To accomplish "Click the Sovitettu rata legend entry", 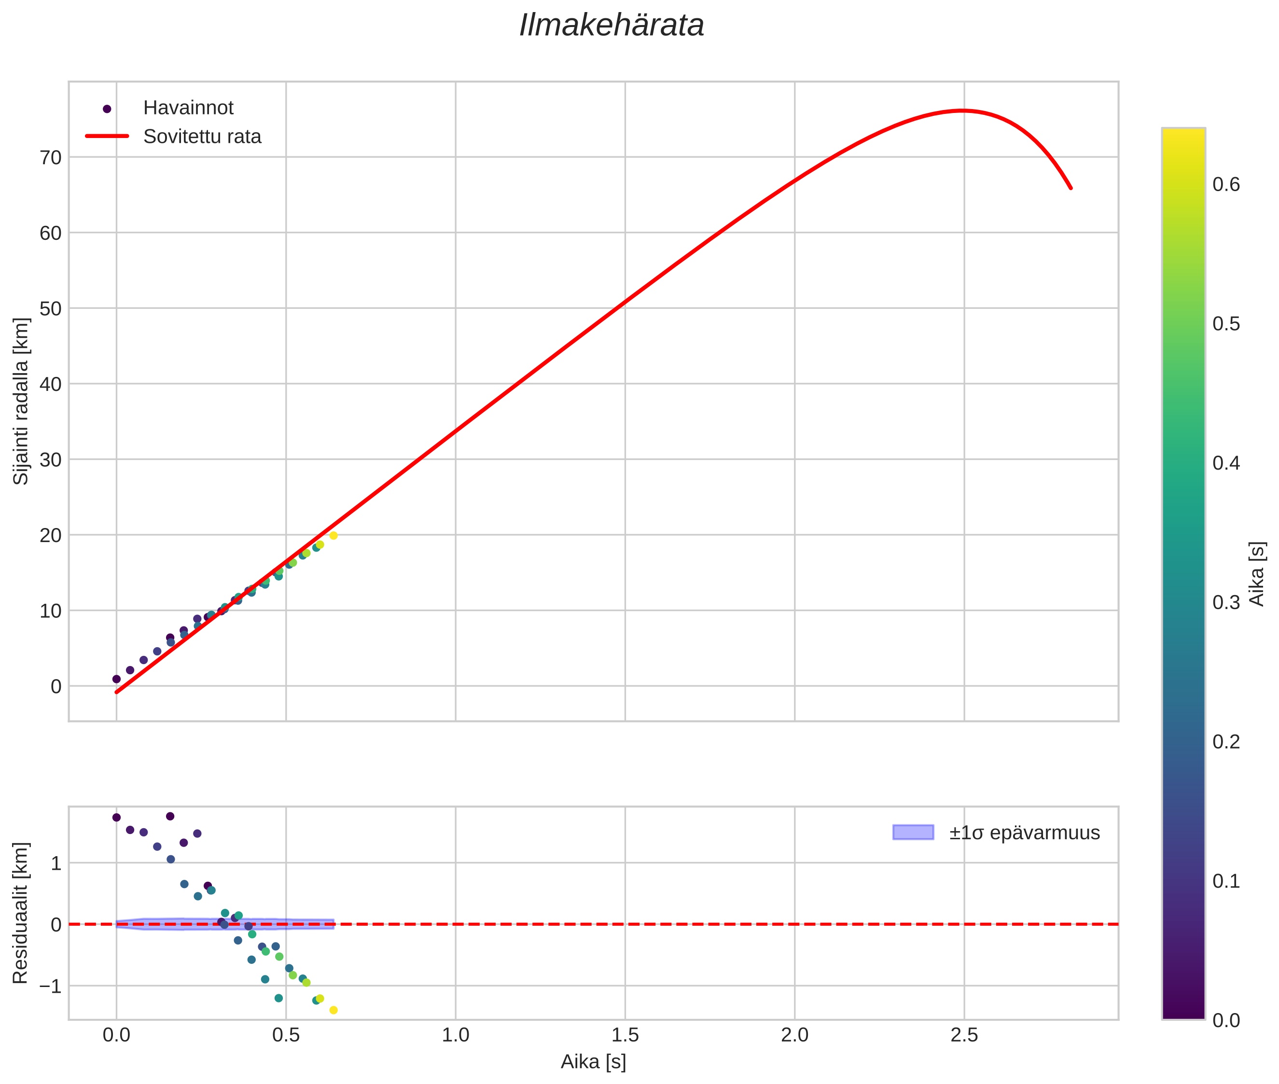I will point(202,137).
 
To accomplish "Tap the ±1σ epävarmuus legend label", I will point(1024,833).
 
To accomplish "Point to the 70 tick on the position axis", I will point(51,158).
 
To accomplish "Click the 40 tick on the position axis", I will point(51,385).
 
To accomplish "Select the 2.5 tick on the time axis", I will point(964,1035).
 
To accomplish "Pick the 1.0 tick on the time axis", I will point(456,1035).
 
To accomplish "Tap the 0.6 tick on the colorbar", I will point(1225,185).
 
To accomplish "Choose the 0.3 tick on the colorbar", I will point(1225,603).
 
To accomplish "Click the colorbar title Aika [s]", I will point(1257,574).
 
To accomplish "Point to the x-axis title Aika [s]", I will point(593,1062).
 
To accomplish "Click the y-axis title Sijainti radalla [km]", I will point(22,401).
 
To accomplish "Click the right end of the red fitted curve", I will point(1070,188).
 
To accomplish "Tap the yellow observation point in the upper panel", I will point(334,536).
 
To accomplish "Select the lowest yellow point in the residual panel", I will point(334,1010).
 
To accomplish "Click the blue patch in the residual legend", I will point(913,833).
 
